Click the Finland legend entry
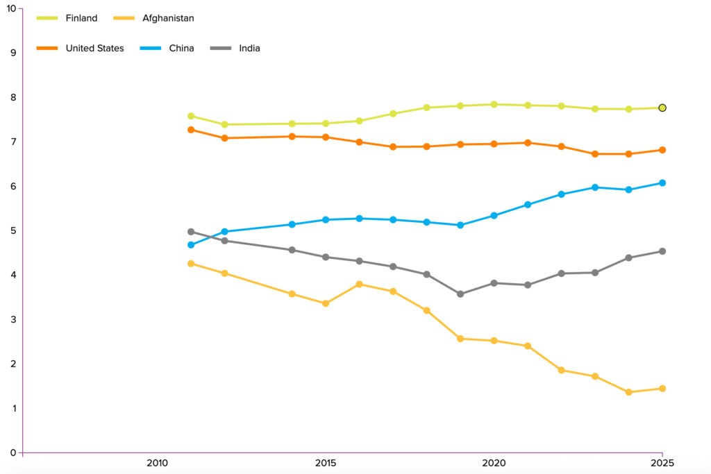coord(67,18)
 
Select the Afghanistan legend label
coord(167,18)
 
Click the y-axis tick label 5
coord(12,230)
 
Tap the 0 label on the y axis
coord(12,452)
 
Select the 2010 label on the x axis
coord(157,463)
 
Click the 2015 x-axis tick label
coord(326,463)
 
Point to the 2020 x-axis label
coord(494,463)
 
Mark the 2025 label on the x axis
coord(662,463)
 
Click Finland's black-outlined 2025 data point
coord(662,108)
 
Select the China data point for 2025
coord(662,183)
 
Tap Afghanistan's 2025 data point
coord(662,388)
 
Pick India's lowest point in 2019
coord(460,294)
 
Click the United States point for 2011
coord(191,130)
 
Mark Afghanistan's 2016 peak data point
coord(359,284)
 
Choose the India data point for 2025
coord(662,251)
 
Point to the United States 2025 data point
coord(662,150)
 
